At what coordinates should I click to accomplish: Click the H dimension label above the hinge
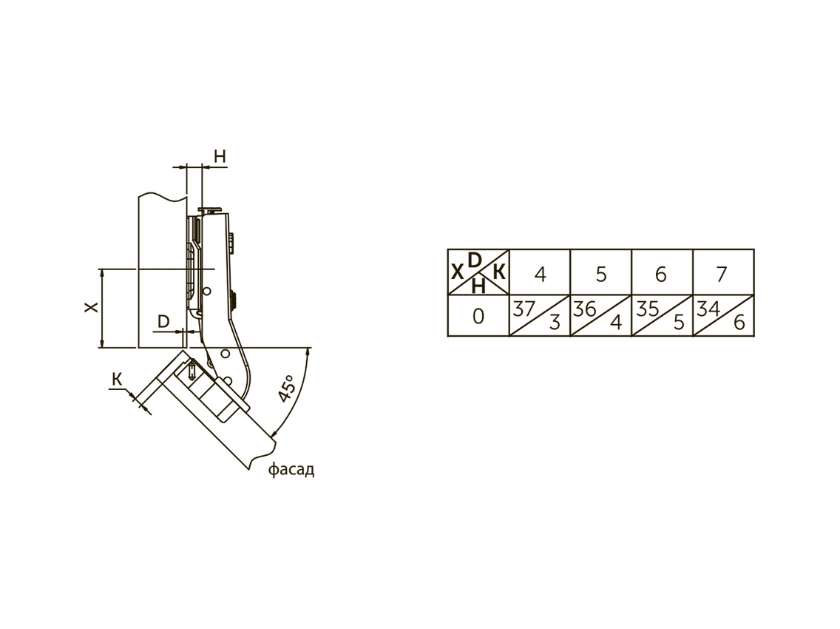(x=220, y=156)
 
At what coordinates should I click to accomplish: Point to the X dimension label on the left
(x=92, y=307)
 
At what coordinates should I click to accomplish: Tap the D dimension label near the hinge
(x=164, y=321)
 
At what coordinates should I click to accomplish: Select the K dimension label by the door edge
(x=117, y=380)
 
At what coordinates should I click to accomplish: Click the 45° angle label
(x=287, y=388)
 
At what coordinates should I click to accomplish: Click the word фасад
(x=291, y=471)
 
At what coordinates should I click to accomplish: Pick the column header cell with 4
(x=540, y=272)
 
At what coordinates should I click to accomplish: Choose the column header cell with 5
(x=601, y=272)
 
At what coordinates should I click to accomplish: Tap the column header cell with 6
(x=662, y=272)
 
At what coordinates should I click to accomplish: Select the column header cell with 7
(x=723, y=272)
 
